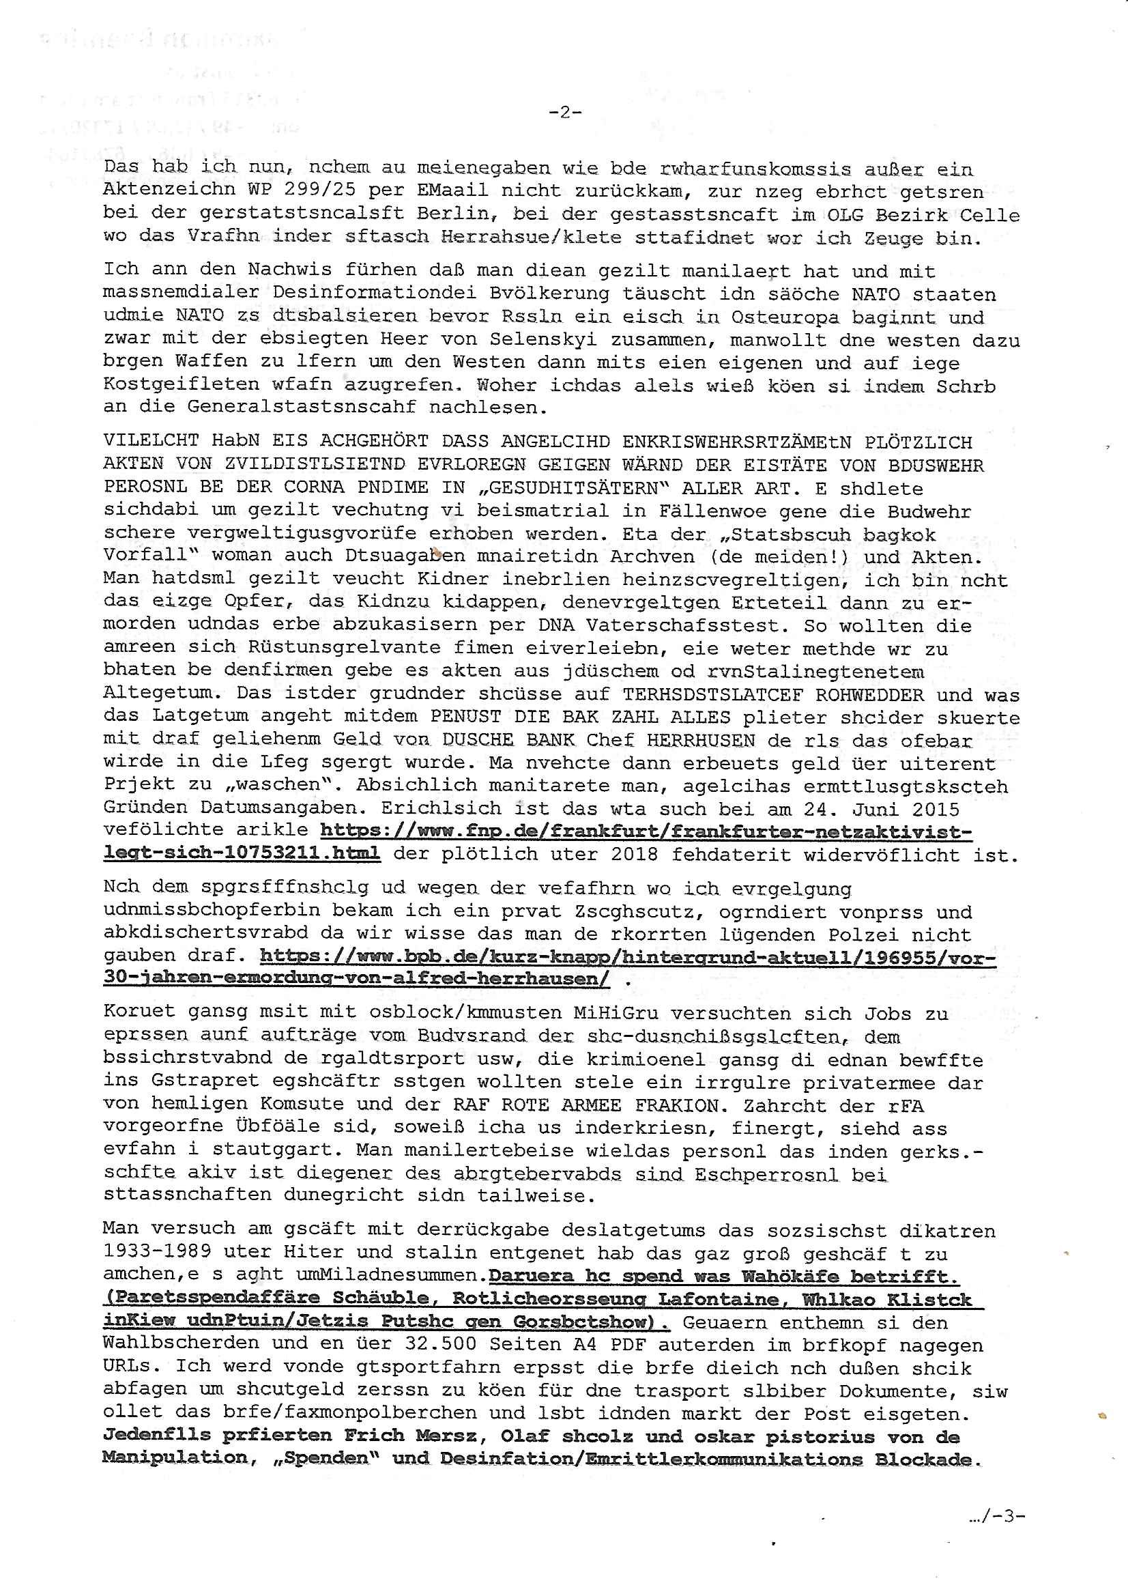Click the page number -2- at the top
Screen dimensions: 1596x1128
pyautogui.click(x=564, y=112)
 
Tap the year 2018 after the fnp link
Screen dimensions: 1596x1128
pyautogui.click(x=635, y=855)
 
